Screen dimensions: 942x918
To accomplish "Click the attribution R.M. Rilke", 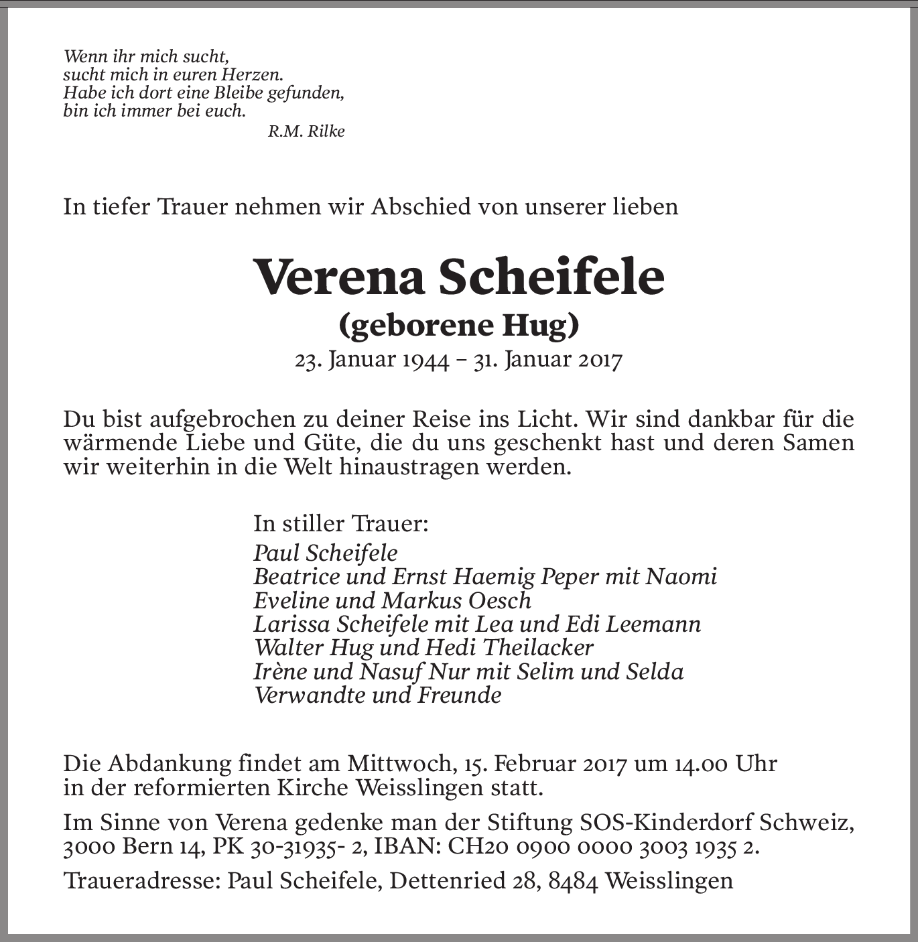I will click(306, 131).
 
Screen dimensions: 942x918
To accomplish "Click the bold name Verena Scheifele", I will click(459, 277).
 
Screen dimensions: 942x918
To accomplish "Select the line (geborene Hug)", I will click(459, 325).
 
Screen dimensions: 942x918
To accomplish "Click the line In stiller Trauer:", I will click(340, 523).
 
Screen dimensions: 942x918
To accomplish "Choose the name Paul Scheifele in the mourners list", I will click(326, 553).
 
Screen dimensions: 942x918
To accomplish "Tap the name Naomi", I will click(681, 576).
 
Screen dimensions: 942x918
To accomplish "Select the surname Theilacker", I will click(537, 647).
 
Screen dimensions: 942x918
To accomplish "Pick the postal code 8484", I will click(573, 880).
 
